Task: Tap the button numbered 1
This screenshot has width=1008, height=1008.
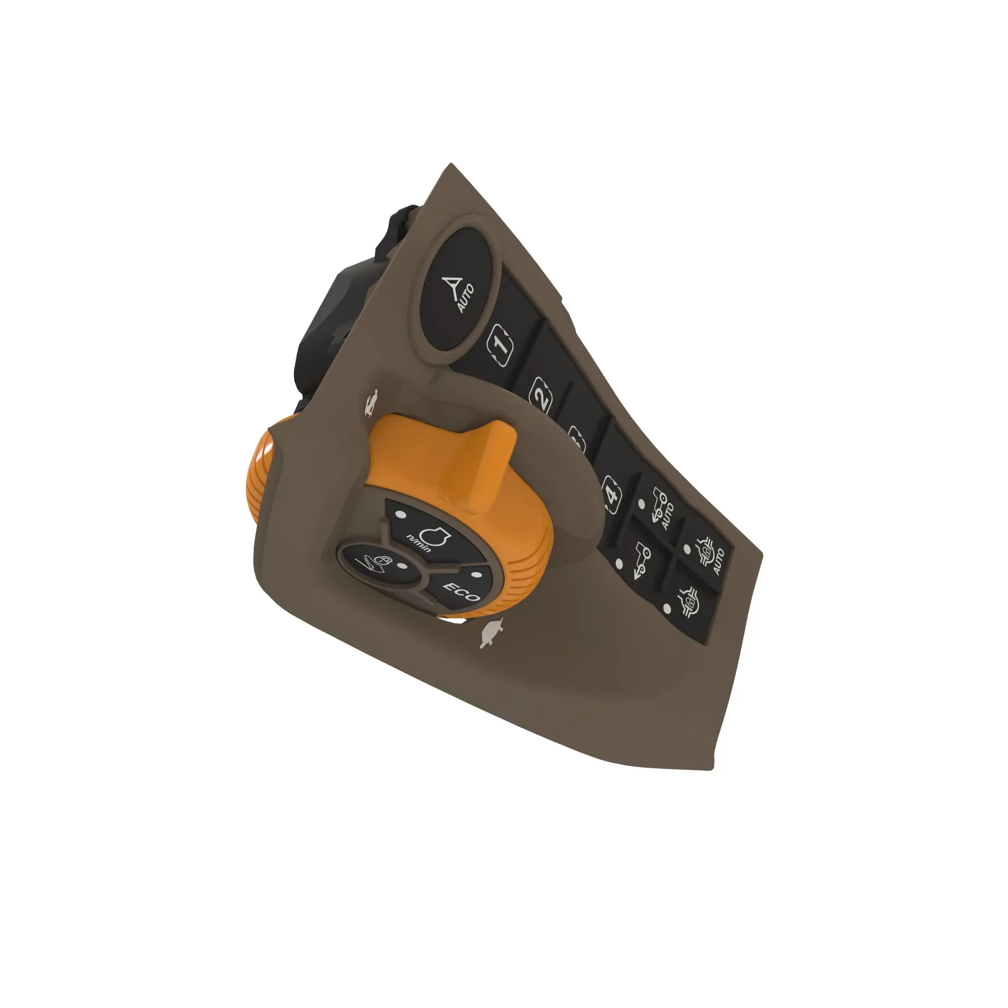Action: [500, 345]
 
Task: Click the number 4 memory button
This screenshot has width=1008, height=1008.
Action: [612, 492]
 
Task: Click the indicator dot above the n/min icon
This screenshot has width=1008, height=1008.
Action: [401, 515]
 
